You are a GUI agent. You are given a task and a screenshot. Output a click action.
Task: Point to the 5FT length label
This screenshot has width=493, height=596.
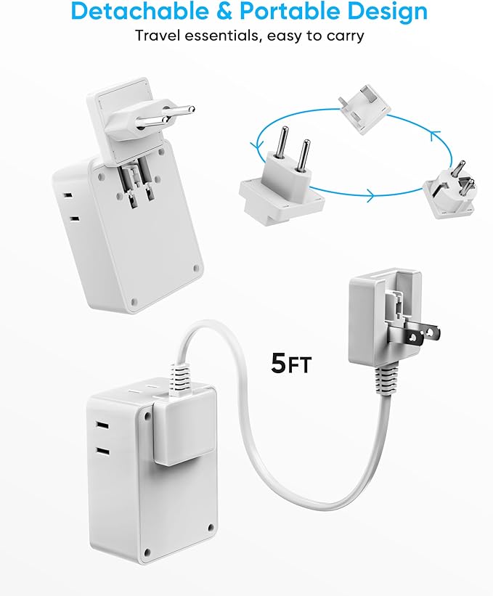click(290, 363)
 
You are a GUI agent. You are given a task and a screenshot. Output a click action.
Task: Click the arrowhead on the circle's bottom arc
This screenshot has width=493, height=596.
click(370, 195)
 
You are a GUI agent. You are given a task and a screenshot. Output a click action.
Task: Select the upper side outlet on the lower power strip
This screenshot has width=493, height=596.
click(102, 426)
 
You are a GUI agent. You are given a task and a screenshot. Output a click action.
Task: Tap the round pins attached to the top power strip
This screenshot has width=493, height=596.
click(167, 116)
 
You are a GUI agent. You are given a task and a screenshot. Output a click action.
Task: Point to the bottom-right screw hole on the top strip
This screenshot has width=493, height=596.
click(194, 266)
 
